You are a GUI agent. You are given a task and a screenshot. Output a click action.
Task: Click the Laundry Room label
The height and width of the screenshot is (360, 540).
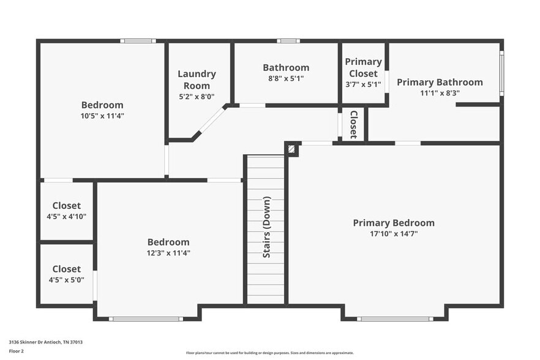(197, 80)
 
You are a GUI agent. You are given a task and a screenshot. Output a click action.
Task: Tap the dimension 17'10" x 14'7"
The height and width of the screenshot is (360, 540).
(394, 234)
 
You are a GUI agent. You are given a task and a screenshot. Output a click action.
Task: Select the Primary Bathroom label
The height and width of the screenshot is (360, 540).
(440, 82)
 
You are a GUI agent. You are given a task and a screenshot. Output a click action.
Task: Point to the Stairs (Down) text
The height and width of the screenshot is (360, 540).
(266, 227)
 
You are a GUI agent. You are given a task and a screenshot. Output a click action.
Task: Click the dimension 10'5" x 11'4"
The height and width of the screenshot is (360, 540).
(102, 116)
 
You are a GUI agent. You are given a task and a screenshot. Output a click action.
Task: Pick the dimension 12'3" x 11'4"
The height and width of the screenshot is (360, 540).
(168, 253)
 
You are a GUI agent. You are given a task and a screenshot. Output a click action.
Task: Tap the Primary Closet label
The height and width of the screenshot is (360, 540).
(363, 67)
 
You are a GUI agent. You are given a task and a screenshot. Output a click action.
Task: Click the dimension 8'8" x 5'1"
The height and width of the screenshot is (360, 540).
(286, 78)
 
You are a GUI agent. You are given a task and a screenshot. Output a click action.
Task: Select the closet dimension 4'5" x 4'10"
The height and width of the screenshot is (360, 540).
(67, 217)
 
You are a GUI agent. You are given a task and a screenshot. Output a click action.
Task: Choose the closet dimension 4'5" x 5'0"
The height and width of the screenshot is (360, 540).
(67, 280)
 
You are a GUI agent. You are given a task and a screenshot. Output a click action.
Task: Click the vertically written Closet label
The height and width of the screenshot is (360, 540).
(353, 124)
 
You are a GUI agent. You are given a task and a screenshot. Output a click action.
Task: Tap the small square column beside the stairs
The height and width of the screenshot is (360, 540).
(292, 148)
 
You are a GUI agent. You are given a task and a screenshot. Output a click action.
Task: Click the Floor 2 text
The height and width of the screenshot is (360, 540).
(16, 351)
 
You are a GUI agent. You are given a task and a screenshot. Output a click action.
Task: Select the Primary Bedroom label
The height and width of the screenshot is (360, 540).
(394, 223)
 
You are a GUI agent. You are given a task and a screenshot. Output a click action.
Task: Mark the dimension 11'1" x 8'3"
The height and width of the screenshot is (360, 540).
(440, 93)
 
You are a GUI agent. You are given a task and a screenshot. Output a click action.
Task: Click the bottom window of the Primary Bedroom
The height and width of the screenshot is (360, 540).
(395, 319)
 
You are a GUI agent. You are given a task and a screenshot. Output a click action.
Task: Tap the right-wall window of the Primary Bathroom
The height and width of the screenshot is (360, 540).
(501, 73)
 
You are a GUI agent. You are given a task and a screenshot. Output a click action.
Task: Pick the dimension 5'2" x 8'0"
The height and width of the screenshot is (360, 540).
(197, 96)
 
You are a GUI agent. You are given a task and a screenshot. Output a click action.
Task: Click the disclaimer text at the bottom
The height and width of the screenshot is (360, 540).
(269, 353)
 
